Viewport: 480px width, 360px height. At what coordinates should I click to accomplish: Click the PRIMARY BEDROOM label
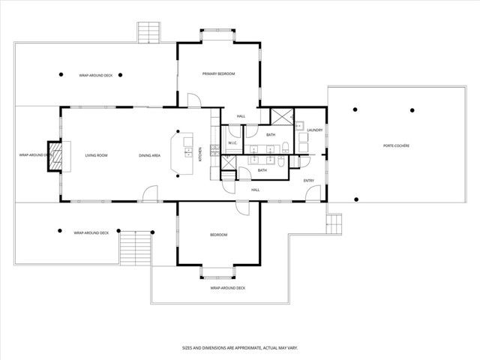[x=219, y=73]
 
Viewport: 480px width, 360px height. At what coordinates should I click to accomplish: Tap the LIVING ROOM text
[x=96, y=155]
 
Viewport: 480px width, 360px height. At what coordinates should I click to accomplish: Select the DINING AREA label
[x=150, y=155]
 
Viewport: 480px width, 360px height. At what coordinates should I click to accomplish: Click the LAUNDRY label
[x=314, y=130]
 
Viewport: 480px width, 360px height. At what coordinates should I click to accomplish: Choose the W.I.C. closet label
[x=232, y=142]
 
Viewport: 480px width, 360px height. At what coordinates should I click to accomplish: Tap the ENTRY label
[x=308, y=181]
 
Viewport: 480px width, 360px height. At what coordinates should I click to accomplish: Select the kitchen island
[x=183, y=153]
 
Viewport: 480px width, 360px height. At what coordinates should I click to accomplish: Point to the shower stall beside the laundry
[x=282, y=118]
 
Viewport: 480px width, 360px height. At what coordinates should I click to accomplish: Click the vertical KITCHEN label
[x=199, y=153]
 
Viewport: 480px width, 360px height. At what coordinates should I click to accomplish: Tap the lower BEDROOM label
[x=218, y=235]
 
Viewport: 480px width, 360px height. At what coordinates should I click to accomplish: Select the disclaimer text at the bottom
[x=239, y=347]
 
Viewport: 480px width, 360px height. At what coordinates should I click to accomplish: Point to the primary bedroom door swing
[x=193, y=100]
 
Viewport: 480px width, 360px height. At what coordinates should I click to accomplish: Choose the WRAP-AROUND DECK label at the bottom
[x=227, y=288]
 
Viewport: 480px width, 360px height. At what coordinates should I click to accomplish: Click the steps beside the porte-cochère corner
[x=334, y=223]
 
